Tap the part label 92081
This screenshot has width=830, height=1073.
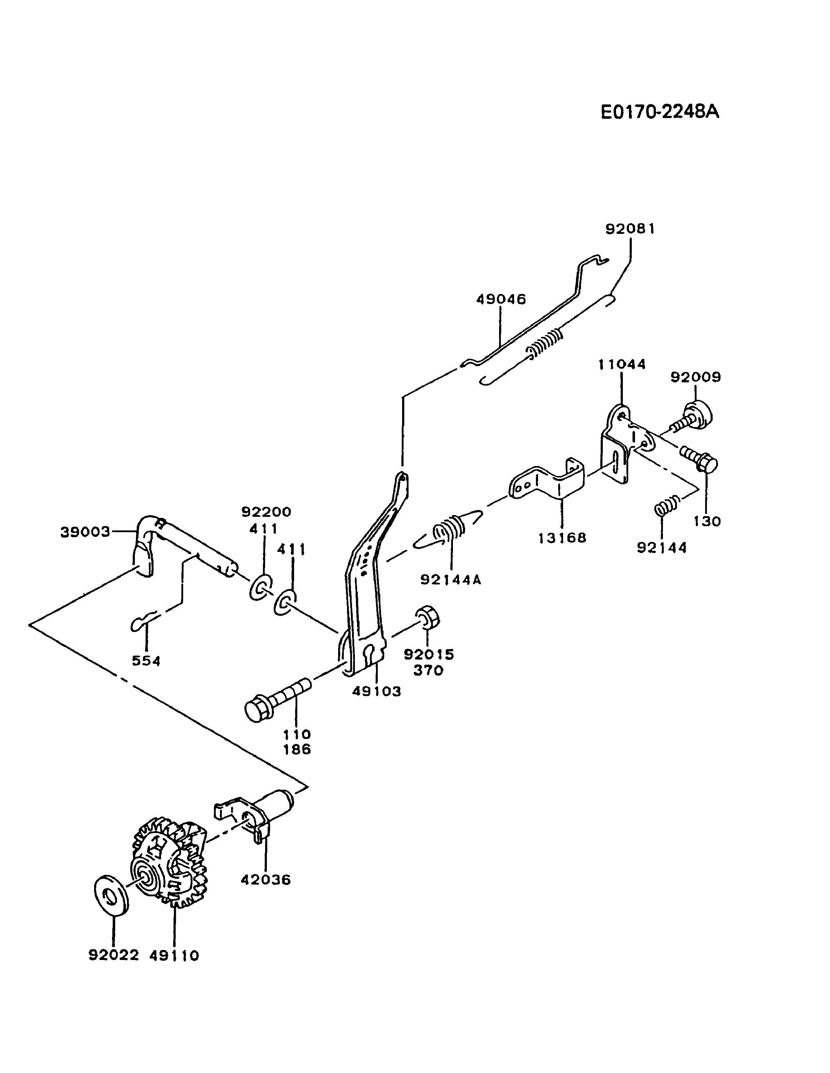(x=630, y=229)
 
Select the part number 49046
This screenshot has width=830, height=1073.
(x=501, y=299)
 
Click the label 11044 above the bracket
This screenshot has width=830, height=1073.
(x=622, y=364)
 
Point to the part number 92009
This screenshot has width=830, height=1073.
(x=696, y=377)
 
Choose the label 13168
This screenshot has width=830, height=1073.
(x=562, y=538)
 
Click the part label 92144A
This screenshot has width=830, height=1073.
(x=451, y=580)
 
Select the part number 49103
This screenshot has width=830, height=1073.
(x=376, y=691)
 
